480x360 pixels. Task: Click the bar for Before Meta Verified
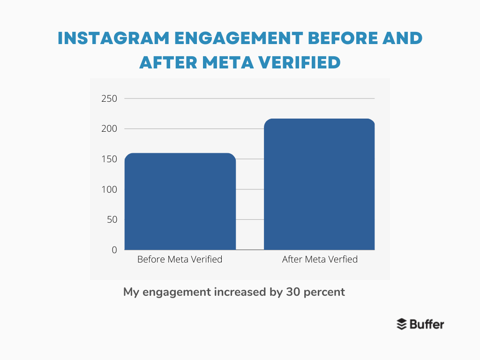click(180, 202)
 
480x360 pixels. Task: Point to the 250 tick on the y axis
click(109, 98)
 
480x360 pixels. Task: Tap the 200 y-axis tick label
click(109, 129)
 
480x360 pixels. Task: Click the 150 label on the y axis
click(109, 159)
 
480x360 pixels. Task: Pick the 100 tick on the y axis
click(109, 189)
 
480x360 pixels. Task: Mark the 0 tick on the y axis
click(114, 250)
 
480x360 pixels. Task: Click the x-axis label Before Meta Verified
click(180, 259)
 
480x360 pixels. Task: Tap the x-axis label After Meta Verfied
click(320, 259)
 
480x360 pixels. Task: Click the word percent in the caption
click(324, 292)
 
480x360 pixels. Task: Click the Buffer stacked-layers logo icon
click(402, 324)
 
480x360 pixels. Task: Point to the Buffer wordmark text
click(427, 324)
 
